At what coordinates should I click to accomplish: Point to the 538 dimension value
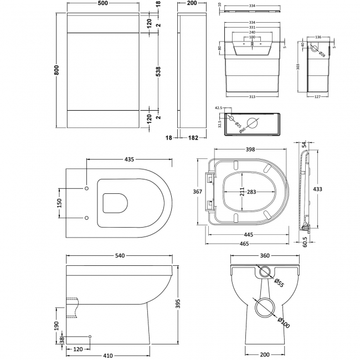point(158,70)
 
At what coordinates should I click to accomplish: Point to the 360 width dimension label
point(264,256)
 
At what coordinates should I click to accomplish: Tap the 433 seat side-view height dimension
point(318,189)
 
